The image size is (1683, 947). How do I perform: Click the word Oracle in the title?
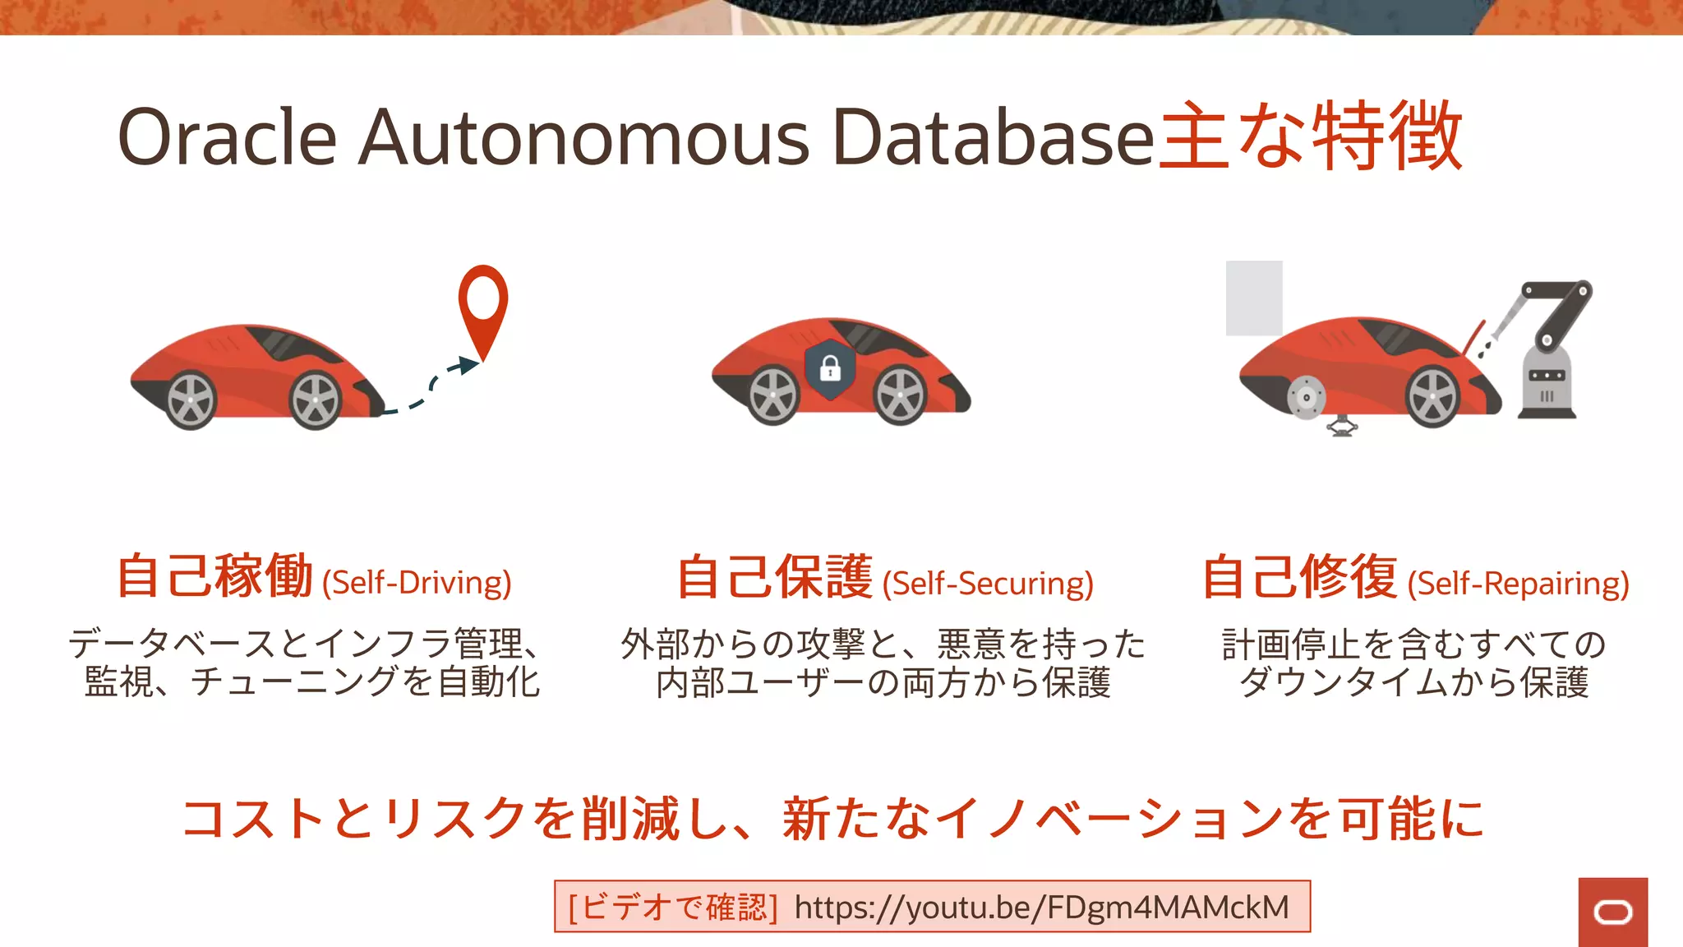[x=228, y=137]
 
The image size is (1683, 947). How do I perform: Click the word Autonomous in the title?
[x=584, y=137]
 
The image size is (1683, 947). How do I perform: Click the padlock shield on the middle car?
[x=830, y=369]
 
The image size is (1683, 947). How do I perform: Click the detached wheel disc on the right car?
[x=1305, y=398]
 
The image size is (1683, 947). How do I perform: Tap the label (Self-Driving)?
[x=417, y=583]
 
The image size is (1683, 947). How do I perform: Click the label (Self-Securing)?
[x=988, y=584]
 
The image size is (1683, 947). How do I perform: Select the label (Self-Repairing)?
[x=1518, y=584]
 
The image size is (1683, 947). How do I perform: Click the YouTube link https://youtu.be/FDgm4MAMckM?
[x=1041, y=908]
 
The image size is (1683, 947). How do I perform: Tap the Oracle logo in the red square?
[x=1612, y=912]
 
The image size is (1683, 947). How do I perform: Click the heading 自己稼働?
[x=215, y=576]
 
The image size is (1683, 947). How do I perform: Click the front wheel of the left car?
[x=316, y=400]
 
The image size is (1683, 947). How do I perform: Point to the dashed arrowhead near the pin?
[x=468, y=365]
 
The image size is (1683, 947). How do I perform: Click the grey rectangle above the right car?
[x=1254, y=298]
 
